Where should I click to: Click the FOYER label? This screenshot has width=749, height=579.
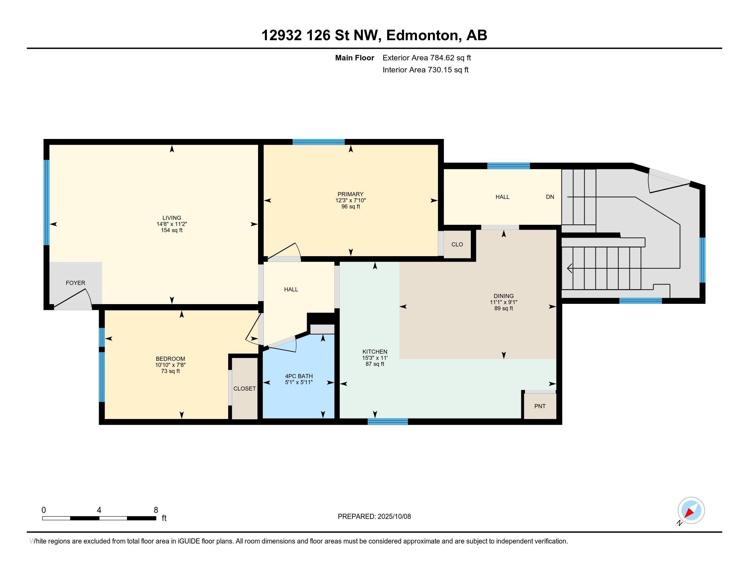click(x=76, y=283)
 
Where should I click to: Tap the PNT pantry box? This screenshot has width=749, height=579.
click(x=540, y=406)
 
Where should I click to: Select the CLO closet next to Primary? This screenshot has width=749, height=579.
click(x=457, y=244)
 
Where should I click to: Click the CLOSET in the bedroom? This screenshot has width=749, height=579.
click(x=244, y=388)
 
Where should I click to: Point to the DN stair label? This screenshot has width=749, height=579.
click(x=550, y=197)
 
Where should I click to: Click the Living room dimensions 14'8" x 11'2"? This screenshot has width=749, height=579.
click(x=172, y=224)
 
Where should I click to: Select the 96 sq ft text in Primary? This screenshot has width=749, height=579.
click(x=350, y=206)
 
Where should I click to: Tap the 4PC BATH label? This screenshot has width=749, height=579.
click(x=299, y=376)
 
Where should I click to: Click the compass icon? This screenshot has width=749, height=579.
click(x=691, y=511)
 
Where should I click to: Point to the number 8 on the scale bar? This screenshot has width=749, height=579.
click(x=156, y=510)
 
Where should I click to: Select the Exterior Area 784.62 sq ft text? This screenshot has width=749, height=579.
click(x=427, y=58)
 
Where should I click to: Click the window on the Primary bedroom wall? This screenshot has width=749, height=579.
click(x=319, y=142)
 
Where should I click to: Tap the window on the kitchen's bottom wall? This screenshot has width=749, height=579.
click(x=387, y=422)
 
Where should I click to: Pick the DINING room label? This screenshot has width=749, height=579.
click(x=504, y=296)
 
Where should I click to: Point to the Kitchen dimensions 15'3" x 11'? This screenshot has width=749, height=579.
click(x=375, y=358)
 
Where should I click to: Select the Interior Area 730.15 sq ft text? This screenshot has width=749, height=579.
click(x=426, y=70)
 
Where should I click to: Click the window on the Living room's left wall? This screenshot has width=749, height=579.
click(x=46, y=202)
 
